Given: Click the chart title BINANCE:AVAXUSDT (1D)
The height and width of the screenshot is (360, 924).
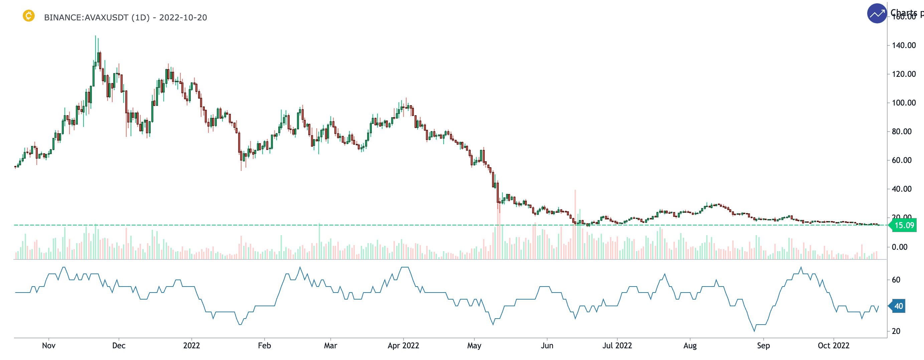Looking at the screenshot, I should point(97,18).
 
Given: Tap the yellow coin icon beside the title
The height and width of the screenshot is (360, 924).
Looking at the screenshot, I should point(29,16).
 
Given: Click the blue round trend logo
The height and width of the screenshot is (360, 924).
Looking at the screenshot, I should point(877,14).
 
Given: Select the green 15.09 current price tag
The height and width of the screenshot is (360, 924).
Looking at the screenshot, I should point(904,225).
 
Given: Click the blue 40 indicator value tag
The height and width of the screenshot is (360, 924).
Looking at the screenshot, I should point(898,306).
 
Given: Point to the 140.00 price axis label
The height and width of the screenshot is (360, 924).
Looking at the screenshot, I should point(903,45).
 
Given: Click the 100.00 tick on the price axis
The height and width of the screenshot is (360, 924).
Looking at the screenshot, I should point(903,103).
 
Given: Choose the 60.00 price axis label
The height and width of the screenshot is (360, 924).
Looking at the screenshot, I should point(903,160).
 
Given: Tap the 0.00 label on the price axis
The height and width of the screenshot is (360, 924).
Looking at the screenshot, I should point(899,247).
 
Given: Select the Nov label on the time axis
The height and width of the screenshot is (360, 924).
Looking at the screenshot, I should point(49,345).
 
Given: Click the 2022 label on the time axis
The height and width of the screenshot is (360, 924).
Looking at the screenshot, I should point(191,345).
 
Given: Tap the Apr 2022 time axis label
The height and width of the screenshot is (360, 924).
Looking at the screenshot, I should point(403,345).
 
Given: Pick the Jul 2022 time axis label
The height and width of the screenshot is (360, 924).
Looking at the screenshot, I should point(617,345).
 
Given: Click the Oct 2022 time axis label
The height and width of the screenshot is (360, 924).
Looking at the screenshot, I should point(833,345).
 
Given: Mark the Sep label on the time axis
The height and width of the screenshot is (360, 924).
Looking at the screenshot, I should point(763,345).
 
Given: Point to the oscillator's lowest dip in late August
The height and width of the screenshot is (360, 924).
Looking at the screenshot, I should point(754,331).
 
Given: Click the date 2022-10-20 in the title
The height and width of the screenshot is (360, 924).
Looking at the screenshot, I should point(183,18).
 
